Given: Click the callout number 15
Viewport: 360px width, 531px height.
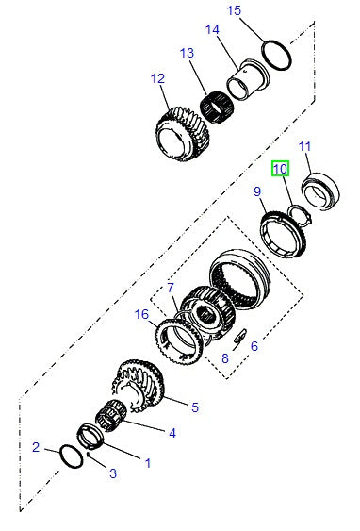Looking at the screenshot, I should [235, 10].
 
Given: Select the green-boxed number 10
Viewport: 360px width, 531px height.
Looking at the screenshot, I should [280, 170].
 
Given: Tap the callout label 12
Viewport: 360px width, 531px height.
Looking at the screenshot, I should [157, 79].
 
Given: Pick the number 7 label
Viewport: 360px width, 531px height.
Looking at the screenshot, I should [171, 287].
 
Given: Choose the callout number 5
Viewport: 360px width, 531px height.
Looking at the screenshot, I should [194, 407].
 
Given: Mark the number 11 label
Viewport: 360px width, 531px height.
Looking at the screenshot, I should [304, 146].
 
